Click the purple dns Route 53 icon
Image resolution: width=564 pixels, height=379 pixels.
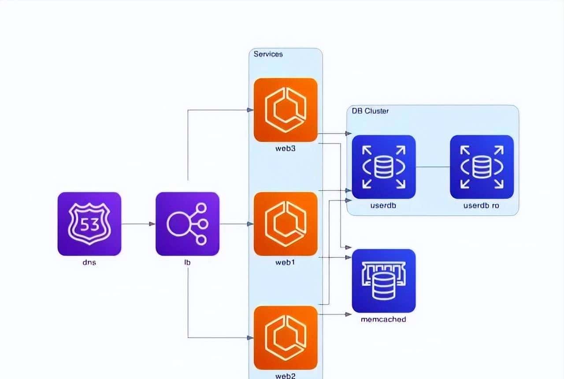tap(89, 223)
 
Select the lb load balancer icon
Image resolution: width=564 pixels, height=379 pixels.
tap(187, 223)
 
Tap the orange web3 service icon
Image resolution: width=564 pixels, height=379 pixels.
tap(286, 110)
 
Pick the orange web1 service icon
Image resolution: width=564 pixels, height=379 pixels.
tap(286, 223)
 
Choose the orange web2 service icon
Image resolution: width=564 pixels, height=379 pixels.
tap(286, 338)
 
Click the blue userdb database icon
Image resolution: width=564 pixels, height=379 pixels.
tap(384, 167)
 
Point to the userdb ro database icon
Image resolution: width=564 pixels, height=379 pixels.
tap(482, 167)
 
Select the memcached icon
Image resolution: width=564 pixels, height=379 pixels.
tap(384, 281)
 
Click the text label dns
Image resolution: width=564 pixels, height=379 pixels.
tap(89, 263)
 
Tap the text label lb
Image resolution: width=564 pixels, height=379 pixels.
tap(187, 263)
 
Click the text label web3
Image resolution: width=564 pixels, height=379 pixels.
tap(286, 149)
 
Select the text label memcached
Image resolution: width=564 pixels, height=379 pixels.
tap(383, 319)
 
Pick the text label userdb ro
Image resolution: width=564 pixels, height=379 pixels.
tap(481, 205)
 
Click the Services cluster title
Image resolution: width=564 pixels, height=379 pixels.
tap(268, 54)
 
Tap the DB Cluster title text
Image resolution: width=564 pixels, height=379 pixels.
tap(370, 111)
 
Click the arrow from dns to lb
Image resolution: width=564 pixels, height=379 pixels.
tap(138, 224)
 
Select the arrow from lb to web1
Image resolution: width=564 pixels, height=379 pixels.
tap(236, 224)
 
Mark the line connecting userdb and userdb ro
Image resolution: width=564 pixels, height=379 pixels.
tap(433, 167)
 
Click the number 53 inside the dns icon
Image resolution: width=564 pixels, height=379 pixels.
tap(89, 225)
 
